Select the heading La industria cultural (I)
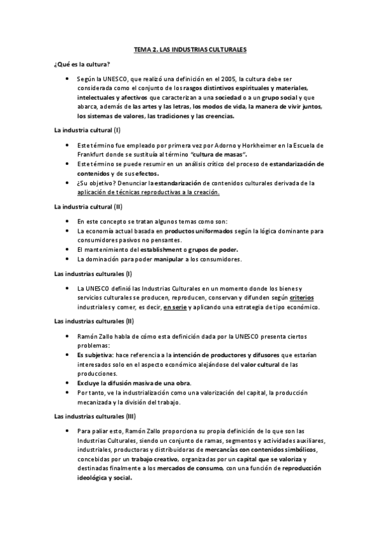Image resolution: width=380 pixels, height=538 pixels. point(87,129)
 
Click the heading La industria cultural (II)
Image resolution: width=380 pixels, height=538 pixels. point(88,206)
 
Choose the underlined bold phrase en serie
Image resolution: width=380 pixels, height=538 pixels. point(176,308)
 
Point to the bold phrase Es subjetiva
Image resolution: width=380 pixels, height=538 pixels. point(95,355)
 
